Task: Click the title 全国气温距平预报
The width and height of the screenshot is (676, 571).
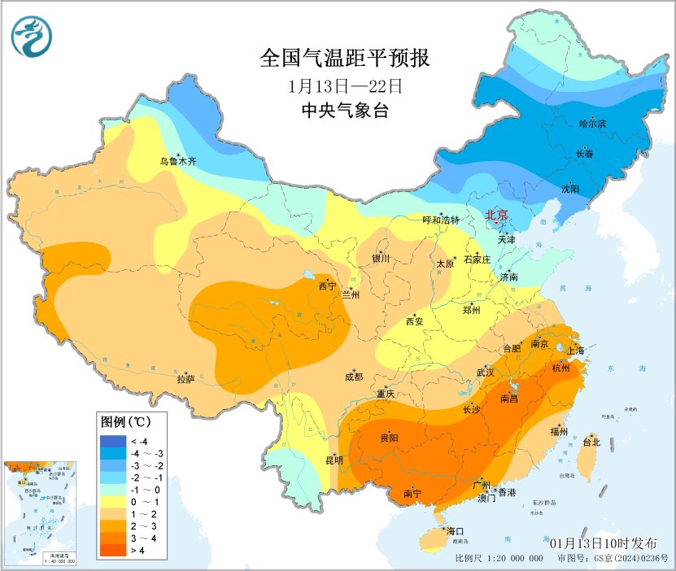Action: [x=344, y=59]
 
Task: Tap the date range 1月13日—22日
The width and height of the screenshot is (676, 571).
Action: [x=344, y=85]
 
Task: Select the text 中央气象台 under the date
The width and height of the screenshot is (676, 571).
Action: [x=344, y=111]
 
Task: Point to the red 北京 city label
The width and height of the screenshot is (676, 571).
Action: [x=496, y=215]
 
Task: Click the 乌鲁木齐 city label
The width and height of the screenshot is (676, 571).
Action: [x=177, y=162]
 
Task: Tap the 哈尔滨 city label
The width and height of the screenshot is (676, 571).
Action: [x=593, y=124]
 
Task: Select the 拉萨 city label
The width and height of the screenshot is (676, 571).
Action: [x=185, y=378]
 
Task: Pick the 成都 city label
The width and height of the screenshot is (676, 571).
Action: [x=353, y=377]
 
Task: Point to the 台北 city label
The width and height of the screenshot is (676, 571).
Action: [x=591, y=442]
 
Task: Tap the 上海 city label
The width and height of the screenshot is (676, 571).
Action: [x=576, y=350]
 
